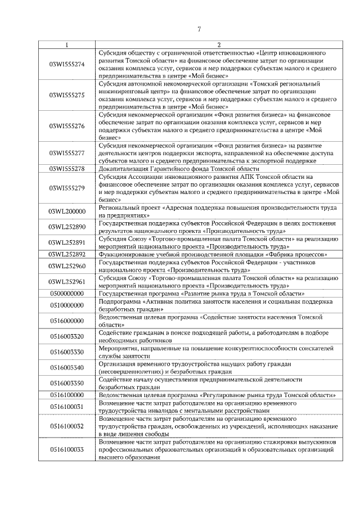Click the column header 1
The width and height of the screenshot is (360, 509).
(67, 45)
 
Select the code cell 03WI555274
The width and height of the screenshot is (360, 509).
(67, 64)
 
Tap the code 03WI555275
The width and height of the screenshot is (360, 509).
(67, 94)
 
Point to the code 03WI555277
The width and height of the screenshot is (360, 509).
(67, 152)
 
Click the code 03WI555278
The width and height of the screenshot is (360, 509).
(67, 169)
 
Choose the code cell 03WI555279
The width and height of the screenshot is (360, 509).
(67, 188)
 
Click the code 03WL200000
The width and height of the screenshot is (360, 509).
(67, 211)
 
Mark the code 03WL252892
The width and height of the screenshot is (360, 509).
(67, 254)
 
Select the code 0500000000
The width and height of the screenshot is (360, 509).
(67, 294)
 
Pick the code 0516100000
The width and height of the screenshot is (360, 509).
(67, 395)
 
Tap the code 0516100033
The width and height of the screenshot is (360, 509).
(67, 449)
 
